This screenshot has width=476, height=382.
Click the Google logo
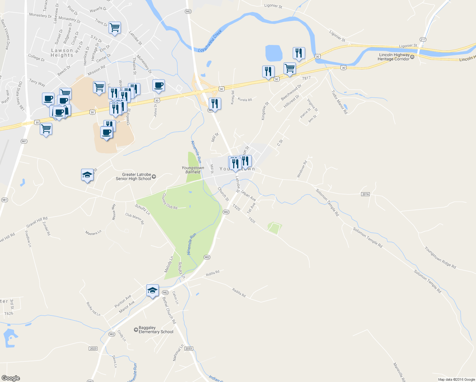point(11,378)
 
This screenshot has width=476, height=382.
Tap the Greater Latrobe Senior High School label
point(134,177)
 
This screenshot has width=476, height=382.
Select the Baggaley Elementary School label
point(156,330)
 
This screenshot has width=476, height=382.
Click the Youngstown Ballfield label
point(193,170)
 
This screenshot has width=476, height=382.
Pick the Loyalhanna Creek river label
point(210,41)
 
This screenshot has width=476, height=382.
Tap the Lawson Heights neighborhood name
point(62,53)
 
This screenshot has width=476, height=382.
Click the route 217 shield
point(423,39)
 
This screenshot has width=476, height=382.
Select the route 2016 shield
point(365,194)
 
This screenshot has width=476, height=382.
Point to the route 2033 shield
point(189,349)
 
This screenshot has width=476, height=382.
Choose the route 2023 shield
point(93,349)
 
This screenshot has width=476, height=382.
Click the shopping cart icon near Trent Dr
point(115,28)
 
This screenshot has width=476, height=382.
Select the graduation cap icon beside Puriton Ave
point(152,290)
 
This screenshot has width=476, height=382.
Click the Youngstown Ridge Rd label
point(440,258)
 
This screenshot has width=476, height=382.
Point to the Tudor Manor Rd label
point(339,102)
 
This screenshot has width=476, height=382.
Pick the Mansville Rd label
point(399,372)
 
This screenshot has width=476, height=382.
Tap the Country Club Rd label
point(170,202)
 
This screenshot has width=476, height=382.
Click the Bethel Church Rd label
point(169,310)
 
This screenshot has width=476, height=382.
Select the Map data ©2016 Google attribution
point(456,379)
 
